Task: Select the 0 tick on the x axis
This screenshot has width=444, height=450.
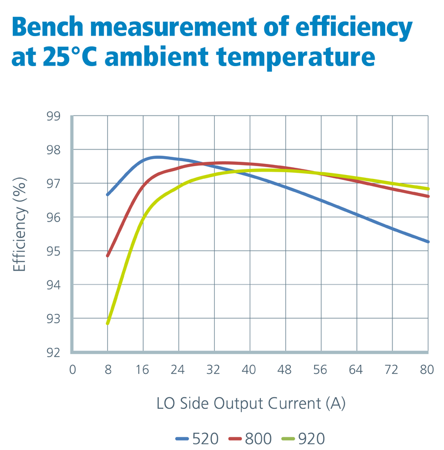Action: coord(72,369)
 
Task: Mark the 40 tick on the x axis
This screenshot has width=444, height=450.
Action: coord(250,369)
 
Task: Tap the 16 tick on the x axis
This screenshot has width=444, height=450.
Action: coord(143,369)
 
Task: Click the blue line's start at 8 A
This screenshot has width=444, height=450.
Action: coord(108,194)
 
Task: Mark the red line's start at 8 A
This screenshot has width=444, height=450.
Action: coord(108,256)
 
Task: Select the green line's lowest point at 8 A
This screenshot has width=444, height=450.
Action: coord(108,323)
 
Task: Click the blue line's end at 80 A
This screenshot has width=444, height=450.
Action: coord(428,242)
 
